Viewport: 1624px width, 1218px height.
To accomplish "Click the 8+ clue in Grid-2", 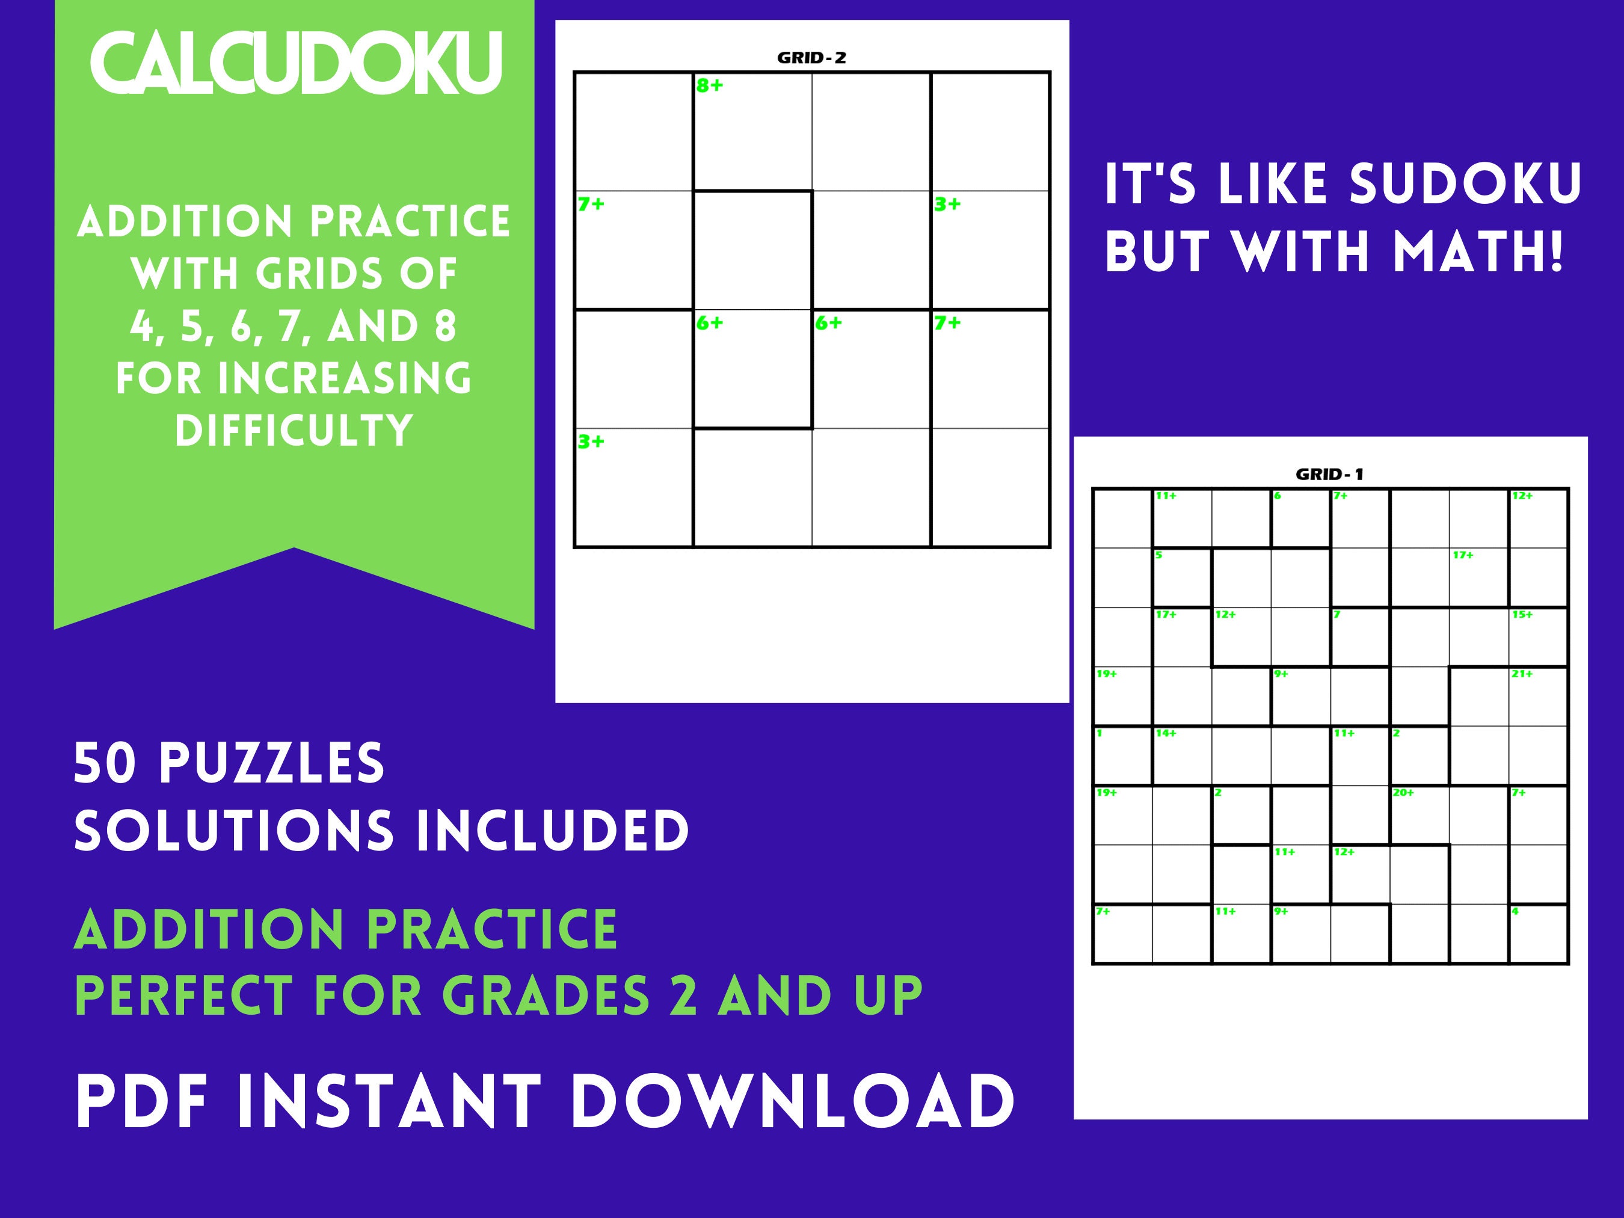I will [709, 86].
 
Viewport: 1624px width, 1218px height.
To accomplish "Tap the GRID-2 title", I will [811, 58].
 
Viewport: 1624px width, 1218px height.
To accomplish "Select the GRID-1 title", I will [1330, 475].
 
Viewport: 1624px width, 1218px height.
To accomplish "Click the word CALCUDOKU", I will [295, 63].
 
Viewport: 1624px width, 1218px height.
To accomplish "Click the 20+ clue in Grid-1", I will [1403, 793].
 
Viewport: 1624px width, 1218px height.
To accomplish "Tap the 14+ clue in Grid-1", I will [1166, 733].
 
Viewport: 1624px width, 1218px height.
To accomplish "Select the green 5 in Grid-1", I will [1159, 556].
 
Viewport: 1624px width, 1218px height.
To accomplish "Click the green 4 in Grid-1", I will [1515, 912].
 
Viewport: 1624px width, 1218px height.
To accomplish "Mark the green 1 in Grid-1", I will [1100, 733].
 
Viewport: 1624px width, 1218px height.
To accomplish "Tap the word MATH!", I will [1478, 252].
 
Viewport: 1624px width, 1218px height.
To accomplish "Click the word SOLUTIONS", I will [233, 831].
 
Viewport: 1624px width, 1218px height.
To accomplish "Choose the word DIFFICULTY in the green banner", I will [294, 431].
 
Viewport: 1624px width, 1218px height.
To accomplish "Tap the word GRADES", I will [546, 996].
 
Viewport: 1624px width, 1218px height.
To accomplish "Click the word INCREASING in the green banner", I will [344, 379].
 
